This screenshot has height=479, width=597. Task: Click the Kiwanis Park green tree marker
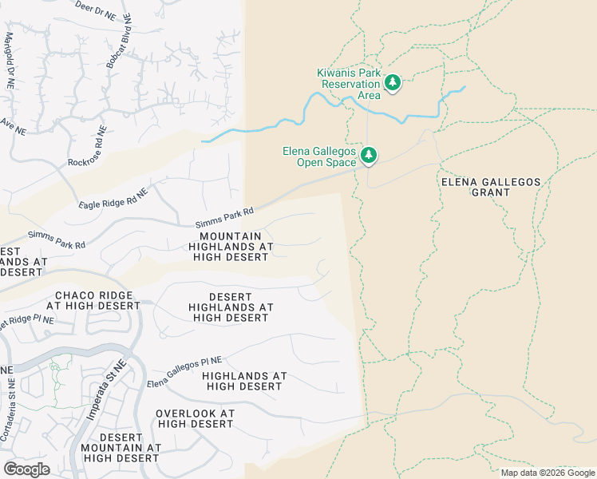point(392,82)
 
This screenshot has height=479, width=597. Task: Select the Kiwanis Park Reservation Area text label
point(350,82)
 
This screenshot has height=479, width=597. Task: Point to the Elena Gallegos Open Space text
point(319,156)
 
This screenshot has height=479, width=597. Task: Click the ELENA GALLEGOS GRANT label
point(490,187)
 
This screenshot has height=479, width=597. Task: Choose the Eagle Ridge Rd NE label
point(113,199)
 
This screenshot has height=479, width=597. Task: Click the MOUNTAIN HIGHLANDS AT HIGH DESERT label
point(230,247)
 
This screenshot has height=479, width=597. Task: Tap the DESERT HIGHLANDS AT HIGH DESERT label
point(230,307)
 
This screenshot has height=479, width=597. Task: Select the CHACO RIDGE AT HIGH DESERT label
point(93,300)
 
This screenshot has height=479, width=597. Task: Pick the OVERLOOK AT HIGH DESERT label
point(195,418)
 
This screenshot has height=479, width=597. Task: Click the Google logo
point(26,469)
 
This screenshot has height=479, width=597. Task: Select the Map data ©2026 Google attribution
point(547,473)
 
